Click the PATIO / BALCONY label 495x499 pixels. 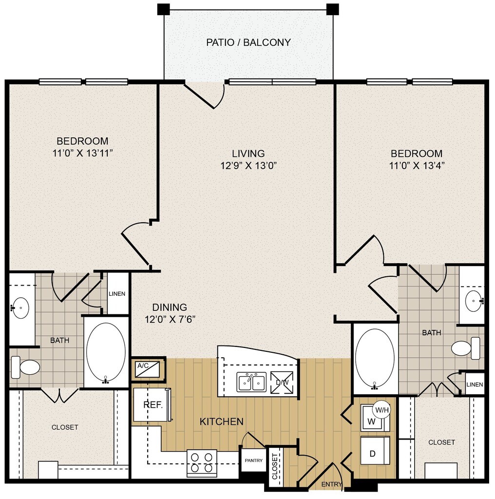click(248, 42)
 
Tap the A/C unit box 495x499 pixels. click(147, 369)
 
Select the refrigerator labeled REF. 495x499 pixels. click(152, 404)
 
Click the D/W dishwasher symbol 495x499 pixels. click(282, 382)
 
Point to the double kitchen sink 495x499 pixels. click(251, 382)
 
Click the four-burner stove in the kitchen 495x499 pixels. click(202, 463)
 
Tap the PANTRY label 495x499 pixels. click(253, 461)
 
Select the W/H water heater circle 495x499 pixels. click(382, 410)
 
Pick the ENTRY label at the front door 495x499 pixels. click(331, 484)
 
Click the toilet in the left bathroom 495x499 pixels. click(25, 367)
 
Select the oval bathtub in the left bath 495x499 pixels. click(106, 352)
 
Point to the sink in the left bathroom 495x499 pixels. click(20, 308)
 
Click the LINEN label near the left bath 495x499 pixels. click(117, 294)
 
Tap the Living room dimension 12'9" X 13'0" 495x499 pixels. click(248, 166)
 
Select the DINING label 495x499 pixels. click(170, 307)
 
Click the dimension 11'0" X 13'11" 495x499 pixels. click(83, 154)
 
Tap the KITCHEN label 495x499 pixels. click(221, 422)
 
